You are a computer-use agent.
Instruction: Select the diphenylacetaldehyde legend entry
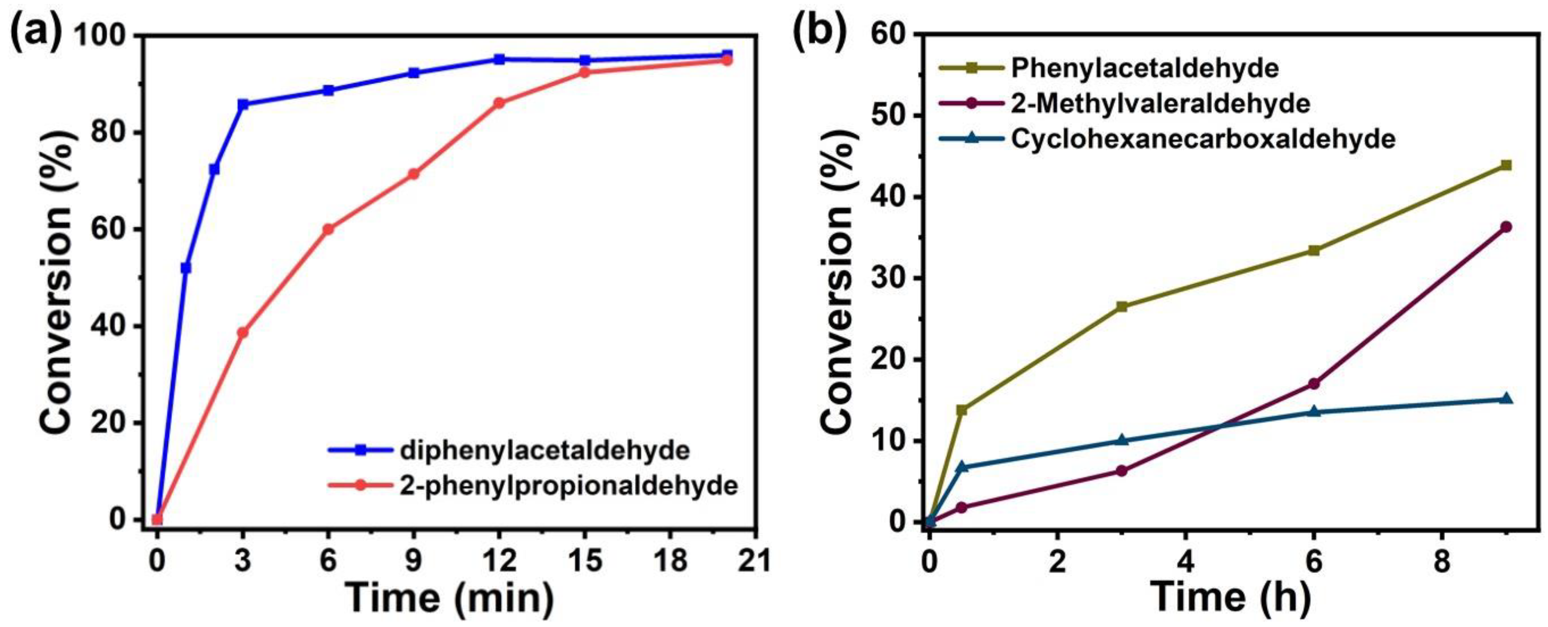pyautogui.click(x=545, y=450)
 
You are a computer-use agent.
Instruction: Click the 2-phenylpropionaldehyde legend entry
pyautogui.click(x=569, y=485)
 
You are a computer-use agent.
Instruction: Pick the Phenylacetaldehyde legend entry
pyautogui.click(x=1144, y=68)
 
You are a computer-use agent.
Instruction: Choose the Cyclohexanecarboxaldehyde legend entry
pyautogui.click(x=1203, y=139)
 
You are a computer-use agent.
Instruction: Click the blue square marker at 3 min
pyautogui.click(x=243, y=105)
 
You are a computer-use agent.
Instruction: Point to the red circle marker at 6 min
pyautogui.click(x=328, y=229)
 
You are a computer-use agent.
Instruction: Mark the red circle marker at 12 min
pyautogui.click(x=499, y=103)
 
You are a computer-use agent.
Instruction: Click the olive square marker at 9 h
pyautogui.click(x=1506, y=165)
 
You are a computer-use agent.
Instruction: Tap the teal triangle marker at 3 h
pyautogui.click(x=1121, y=440)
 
